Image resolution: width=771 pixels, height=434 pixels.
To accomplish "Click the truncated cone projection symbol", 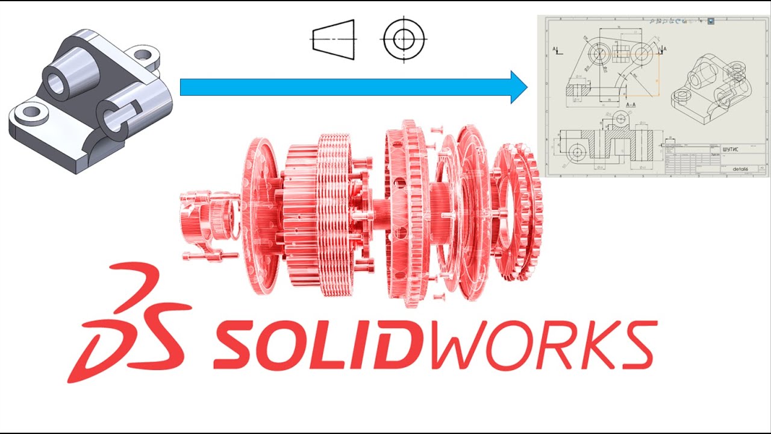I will tap(332, 40).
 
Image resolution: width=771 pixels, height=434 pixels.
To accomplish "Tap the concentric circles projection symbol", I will tap(403, 40).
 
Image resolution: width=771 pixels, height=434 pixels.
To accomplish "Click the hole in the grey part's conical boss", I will tap(57, 84).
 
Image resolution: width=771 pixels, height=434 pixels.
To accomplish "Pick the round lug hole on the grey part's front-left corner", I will tap(28, 113).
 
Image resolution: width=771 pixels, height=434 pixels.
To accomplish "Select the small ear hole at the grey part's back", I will tap(143, 56).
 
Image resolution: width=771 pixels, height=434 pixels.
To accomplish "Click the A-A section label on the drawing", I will tap(631, 105).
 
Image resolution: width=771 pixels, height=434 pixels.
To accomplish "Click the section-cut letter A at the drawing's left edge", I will tap(555, 50).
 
